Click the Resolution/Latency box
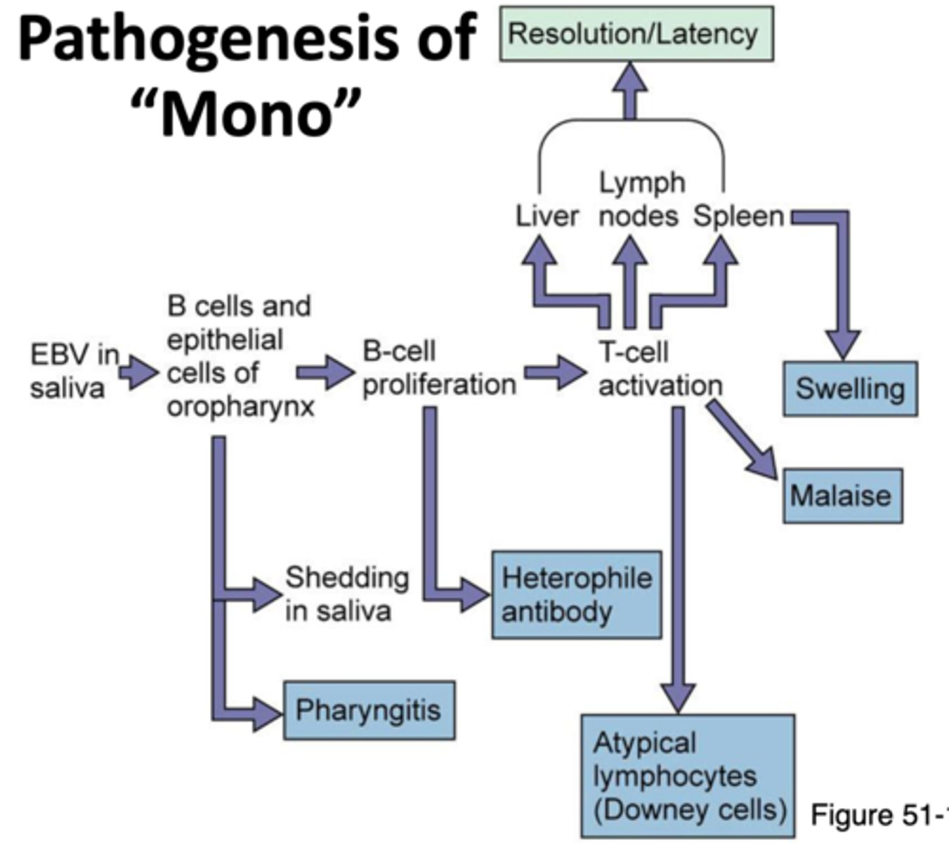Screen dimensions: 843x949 636,34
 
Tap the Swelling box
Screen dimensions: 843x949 850,388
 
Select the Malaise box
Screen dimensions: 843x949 842,496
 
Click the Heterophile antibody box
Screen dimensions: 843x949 576,594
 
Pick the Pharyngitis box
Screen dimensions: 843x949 369,710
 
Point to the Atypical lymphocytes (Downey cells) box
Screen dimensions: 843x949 688,776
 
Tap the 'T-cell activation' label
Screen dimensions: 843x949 659,369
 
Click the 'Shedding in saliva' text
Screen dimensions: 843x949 346,594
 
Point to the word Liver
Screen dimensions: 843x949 547,216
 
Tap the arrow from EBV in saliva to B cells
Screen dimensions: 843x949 138,372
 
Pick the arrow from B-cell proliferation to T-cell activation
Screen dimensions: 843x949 554,372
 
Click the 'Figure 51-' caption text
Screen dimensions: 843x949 878,815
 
